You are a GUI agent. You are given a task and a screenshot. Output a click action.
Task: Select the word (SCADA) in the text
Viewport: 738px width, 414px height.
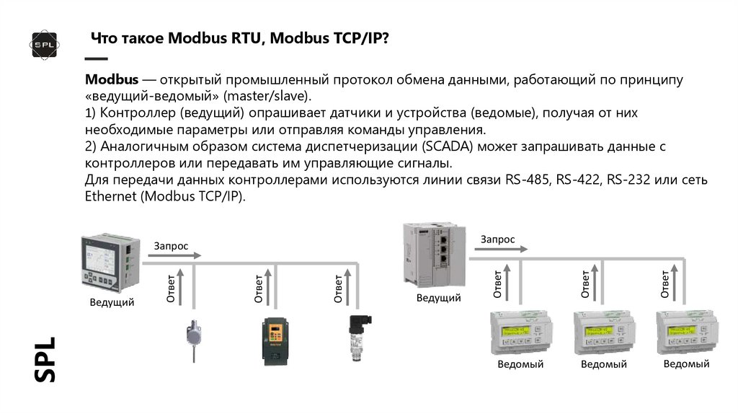[450, 146]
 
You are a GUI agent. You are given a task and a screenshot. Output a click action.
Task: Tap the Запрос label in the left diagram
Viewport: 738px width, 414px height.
[171, 246]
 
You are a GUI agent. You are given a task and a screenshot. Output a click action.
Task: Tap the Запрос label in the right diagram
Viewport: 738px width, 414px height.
[498, 239]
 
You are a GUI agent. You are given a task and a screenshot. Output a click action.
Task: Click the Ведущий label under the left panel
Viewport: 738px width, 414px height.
[112, 303]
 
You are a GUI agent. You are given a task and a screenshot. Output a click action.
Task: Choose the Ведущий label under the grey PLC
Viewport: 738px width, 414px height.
[440, 297]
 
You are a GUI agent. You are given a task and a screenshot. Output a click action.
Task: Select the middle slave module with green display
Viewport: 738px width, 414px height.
[603, 332]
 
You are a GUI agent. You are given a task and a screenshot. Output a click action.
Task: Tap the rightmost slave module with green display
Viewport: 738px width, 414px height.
[686, 332]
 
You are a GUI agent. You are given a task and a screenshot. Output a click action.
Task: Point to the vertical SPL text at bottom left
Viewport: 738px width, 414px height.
[45, 358]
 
